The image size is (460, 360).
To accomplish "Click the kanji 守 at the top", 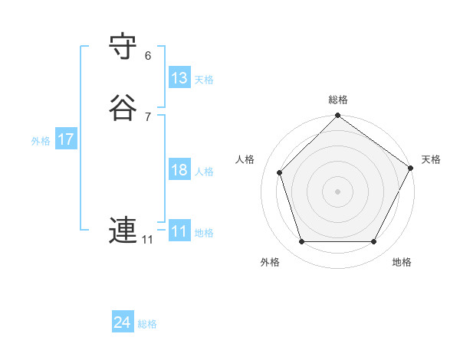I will point(123,47).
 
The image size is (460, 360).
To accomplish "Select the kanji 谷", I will point(123,106).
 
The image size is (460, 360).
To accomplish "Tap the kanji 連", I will point(123,230).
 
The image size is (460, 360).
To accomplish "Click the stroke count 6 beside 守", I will point(148,56).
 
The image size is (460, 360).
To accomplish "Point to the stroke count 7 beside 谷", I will point(148,116).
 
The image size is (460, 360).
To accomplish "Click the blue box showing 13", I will point(179,78).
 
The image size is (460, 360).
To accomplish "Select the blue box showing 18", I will point(179,170).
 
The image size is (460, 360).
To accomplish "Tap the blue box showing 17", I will point(66,139).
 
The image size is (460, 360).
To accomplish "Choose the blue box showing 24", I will point(123,322).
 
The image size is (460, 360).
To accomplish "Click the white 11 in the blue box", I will point(179,231).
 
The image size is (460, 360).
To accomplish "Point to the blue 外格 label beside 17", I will point(41,141).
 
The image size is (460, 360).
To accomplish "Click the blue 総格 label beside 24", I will point(147,324).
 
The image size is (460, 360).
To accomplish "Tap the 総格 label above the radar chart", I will point(338,100).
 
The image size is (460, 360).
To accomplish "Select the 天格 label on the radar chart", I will point(431,159).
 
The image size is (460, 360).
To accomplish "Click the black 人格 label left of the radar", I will point(245,159).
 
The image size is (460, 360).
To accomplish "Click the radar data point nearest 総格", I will point(338,116).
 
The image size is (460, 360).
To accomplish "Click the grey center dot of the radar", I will point(338,191).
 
